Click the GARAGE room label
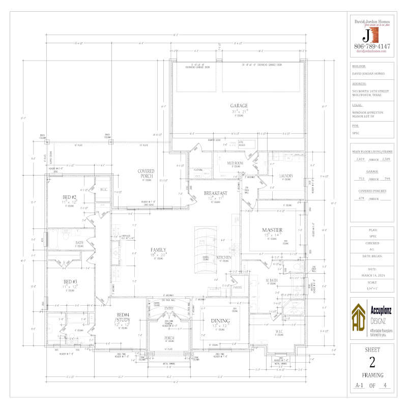pos(239,106)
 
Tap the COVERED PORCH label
pos(146,173)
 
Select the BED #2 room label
pos(70,197)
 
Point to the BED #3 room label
pos(70,281)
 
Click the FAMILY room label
pos(158,250)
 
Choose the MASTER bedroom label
pos(272,229)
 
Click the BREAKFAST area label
pos(215,193)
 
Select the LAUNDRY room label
pos(279,176)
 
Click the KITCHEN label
pos(224,258)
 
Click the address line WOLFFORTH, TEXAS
pos(366,95)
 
